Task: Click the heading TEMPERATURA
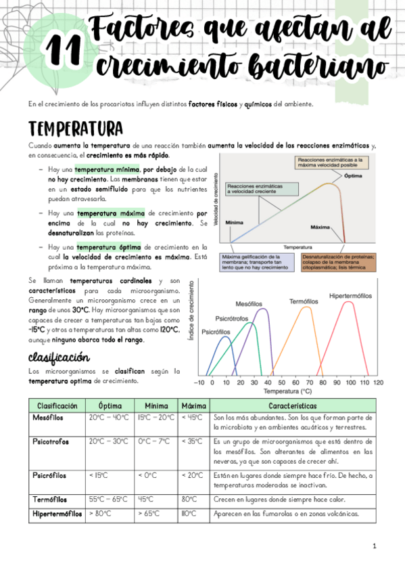75,129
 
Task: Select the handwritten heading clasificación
59,357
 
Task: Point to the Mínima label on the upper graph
235,221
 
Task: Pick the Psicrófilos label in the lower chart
216,332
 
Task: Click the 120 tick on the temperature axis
378,382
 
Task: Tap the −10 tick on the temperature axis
200,382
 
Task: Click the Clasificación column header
57,405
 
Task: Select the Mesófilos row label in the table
48,418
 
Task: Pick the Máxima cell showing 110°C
188,514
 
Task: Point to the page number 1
374,546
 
